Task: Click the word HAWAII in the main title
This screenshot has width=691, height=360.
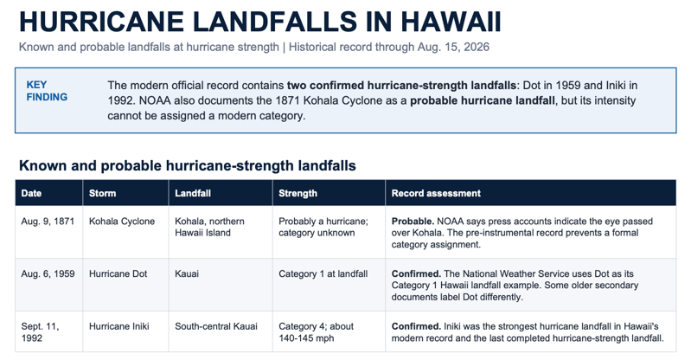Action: click(x=451, y=22)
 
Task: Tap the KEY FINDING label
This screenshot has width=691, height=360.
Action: click(x=47, y=91)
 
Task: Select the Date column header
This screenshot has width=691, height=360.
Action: click(x=31, y=193)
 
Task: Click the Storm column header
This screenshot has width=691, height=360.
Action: click(x=102, y=193)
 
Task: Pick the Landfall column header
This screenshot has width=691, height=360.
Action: click(x=193, y=193)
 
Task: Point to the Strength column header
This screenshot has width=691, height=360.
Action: click(x=298, y=193)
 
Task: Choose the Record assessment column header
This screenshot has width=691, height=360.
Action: click(x=436, y=193)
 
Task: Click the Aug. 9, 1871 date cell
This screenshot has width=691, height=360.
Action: click(x=48, y=221)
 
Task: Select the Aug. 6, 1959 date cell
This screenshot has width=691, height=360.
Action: click(x=48, y=273)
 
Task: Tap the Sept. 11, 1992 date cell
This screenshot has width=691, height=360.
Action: click(x=40, y=332)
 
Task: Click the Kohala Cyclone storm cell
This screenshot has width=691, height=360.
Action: click(x=122, y=221)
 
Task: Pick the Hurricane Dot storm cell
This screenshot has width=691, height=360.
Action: click(x=118, y=273)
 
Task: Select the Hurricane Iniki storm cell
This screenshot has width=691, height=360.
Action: click(x=119, y=326)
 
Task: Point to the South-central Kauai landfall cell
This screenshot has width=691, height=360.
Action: click(x=216, y=326)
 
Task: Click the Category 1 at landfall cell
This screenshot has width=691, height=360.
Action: click(x=323, y=273)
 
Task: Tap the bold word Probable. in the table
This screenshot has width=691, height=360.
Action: click(x=413, y=221)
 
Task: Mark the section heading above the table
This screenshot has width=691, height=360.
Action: click(x=188, y=165)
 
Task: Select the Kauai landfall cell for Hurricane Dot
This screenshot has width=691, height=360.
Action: click(x=187, y=273)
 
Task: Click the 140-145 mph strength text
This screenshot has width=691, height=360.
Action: click(x=306, y=338)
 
